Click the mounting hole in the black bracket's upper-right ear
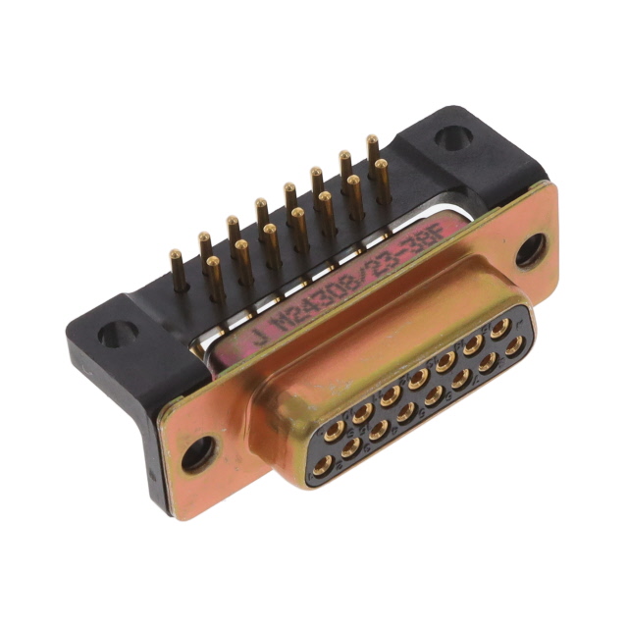pos(453,137)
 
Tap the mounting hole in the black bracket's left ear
pos(116,334)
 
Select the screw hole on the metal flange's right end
pos(530,250)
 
